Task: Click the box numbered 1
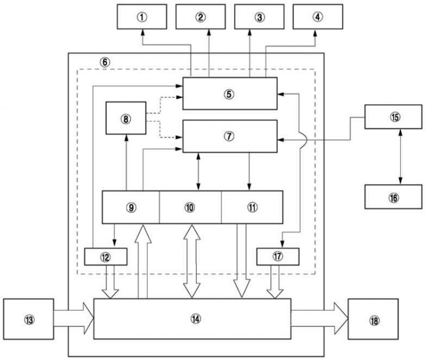141,17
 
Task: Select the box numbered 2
201,17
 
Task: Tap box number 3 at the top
260,17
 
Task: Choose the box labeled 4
318,17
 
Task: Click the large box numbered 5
230,94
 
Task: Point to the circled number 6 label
105,62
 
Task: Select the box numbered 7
230,136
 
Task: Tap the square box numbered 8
126,118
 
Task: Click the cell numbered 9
130,207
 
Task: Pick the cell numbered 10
190,207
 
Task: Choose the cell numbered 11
252,207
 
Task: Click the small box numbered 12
106,257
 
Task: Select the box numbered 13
29,319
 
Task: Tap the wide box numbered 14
193,319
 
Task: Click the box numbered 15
394,117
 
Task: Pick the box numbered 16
394,197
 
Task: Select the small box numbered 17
278,257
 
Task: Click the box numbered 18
373,319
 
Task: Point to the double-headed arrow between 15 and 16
401,157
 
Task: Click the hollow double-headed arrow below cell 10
192,262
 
